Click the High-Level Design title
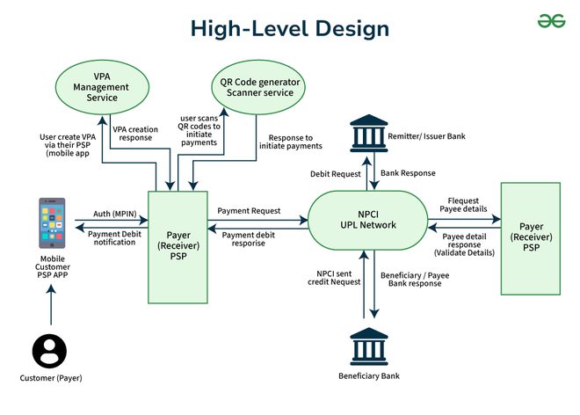290,28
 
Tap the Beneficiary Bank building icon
368,347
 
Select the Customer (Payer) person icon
49,351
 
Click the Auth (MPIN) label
114,213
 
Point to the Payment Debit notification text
114,237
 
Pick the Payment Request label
249,211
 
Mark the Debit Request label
335,174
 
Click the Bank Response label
408,174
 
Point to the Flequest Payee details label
463,205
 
